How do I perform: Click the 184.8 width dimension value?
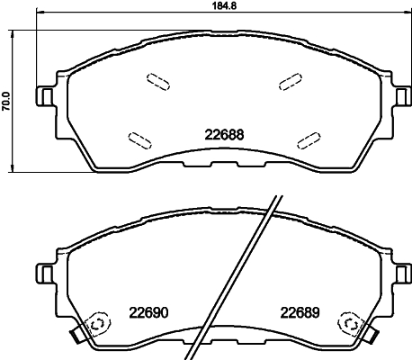[x=209, y=6]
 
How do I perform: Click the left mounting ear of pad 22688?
[x=43, y=94]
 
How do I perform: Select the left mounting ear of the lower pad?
[x=43, y=271]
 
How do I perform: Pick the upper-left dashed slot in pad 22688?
[x=157, y=81]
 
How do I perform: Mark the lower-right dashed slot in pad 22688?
[x=309, y=139]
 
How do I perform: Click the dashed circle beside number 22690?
[x=96, y=324]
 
